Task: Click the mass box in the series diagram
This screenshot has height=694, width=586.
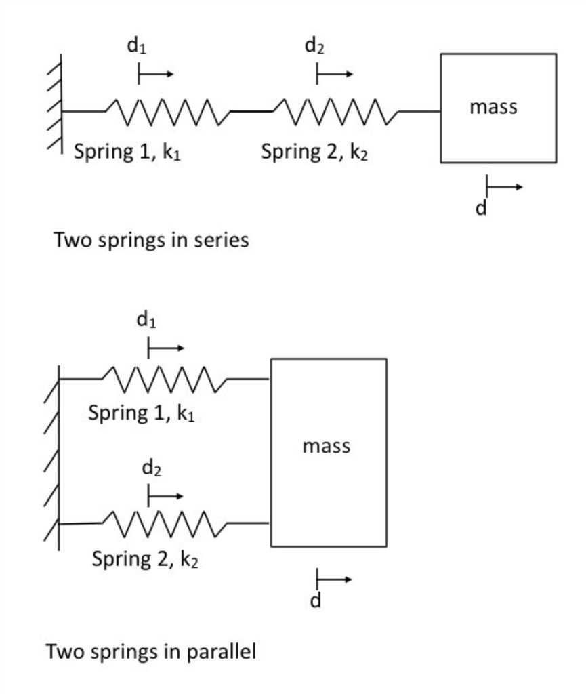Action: [498, 108]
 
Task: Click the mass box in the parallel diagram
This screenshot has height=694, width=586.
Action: [329, 452]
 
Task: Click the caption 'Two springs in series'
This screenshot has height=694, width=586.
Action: [151, 240]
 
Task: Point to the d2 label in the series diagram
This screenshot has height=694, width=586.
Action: [314, 47]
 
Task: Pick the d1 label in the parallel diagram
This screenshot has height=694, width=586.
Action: [148, 321]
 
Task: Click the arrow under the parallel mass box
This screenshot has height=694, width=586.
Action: [334, 580]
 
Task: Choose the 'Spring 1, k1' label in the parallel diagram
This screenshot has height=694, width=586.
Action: [142, 413]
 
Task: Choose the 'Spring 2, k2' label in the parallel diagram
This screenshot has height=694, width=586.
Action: [146, 559]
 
